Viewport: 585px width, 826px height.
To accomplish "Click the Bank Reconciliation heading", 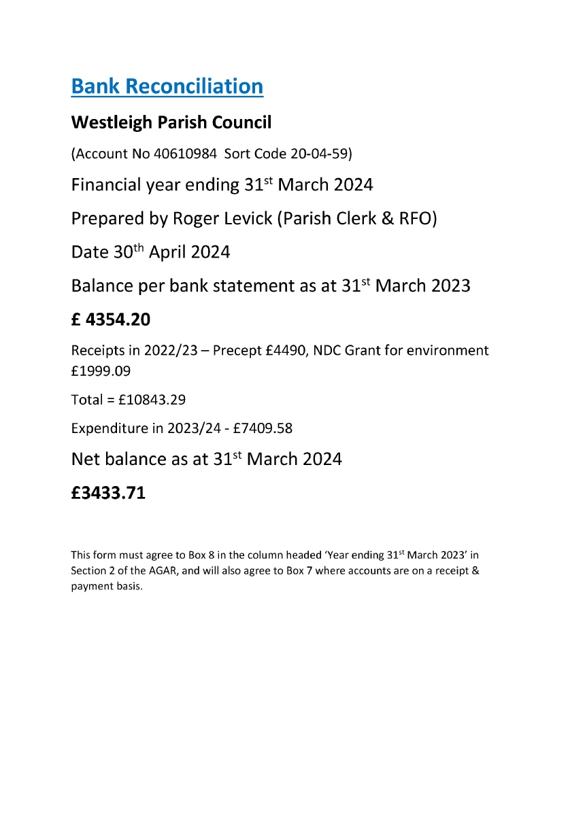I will pos(167,86).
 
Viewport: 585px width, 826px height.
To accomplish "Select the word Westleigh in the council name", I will pos(105,123).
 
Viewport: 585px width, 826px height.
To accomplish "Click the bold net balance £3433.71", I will pos(108,493).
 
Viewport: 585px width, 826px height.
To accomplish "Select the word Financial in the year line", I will pos(105,185).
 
